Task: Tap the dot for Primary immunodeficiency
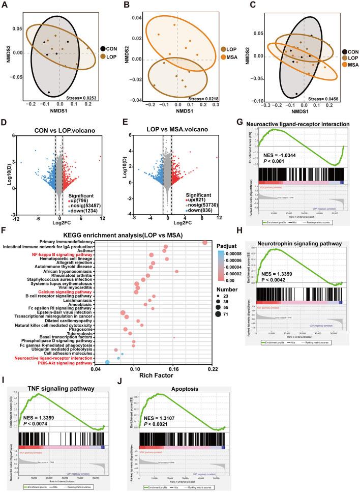click(205, 242)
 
